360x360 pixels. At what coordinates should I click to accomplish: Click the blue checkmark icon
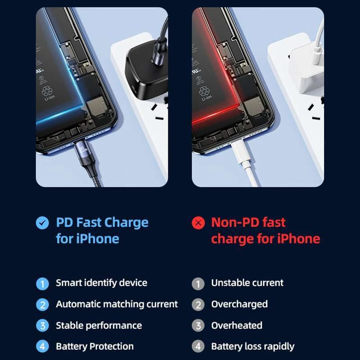coord(42,223)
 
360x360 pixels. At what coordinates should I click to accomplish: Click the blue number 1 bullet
coord(42,283)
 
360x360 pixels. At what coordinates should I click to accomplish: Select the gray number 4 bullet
coord(198,347)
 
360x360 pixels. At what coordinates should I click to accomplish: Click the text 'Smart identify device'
coord(101,283)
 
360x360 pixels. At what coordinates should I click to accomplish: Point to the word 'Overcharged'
coord(239,304)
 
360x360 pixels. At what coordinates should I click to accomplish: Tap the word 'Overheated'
coord(237,325)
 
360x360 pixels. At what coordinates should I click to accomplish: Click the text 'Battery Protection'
coord(94,346)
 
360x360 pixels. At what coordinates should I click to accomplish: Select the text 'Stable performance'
coord(99,325)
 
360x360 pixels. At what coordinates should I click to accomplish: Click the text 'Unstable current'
coord(247,283)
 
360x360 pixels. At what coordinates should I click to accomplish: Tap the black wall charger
coord(146,65)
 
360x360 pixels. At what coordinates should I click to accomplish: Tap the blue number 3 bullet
coord(42,326)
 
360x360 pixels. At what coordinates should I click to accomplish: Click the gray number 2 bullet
coord(198,305)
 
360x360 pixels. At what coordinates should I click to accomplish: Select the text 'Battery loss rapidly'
coord(252,346)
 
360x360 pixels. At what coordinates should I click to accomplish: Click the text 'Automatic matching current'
coord(117,304)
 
